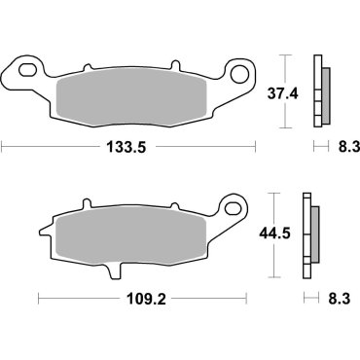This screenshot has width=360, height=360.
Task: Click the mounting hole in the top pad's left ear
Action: point(22,71)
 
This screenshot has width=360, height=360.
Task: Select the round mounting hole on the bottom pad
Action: point(233,208)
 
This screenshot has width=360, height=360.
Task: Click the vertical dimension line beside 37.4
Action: point(284,90)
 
